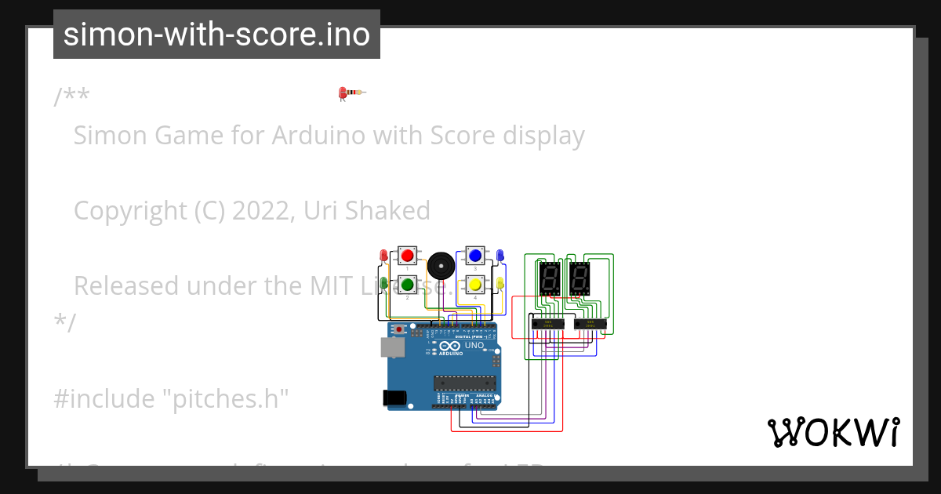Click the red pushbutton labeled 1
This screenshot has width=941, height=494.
407,256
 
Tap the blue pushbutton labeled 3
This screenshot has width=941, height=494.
474,255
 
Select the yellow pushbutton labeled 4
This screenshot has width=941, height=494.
474,284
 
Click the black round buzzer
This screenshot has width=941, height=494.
440,267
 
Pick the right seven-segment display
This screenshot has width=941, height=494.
579,278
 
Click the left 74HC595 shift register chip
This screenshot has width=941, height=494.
548,323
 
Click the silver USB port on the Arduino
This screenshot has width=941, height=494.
392,347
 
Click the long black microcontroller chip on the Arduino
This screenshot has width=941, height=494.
466,383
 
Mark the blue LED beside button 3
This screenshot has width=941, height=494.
500,255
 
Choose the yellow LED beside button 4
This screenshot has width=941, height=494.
500,282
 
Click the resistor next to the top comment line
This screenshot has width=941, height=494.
352,93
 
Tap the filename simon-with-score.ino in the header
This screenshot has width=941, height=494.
216,35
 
